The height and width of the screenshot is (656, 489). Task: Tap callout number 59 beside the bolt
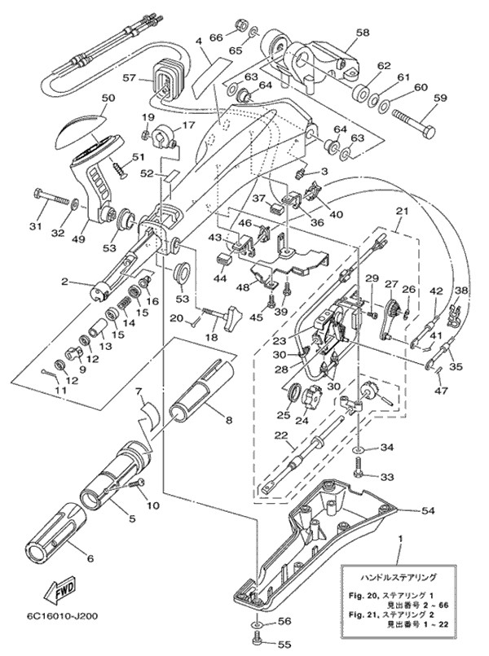point(441,99)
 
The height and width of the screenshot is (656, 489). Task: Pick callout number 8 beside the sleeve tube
point(228,421)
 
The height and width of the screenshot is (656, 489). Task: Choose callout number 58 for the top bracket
point(362,33)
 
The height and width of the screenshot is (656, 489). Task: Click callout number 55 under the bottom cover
point(284,645)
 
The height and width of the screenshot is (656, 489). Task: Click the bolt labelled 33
point(359,470)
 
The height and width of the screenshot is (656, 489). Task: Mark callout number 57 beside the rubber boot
point(128,79)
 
